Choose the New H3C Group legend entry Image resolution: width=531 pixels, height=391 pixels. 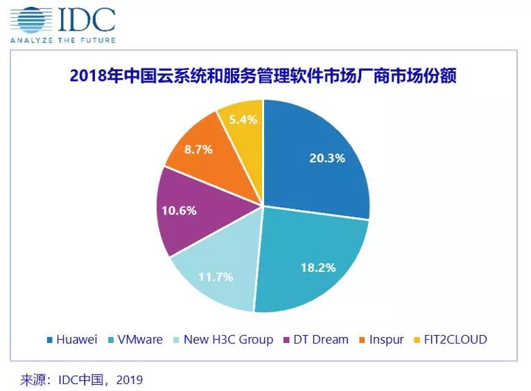[223, 340]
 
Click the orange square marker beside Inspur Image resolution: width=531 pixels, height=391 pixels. [363, 340]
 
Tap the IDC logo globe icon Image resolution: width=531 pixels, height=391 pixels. [29, 19]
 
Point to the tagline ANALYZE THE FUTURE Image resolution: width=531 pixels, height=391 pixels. [62, 40]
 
